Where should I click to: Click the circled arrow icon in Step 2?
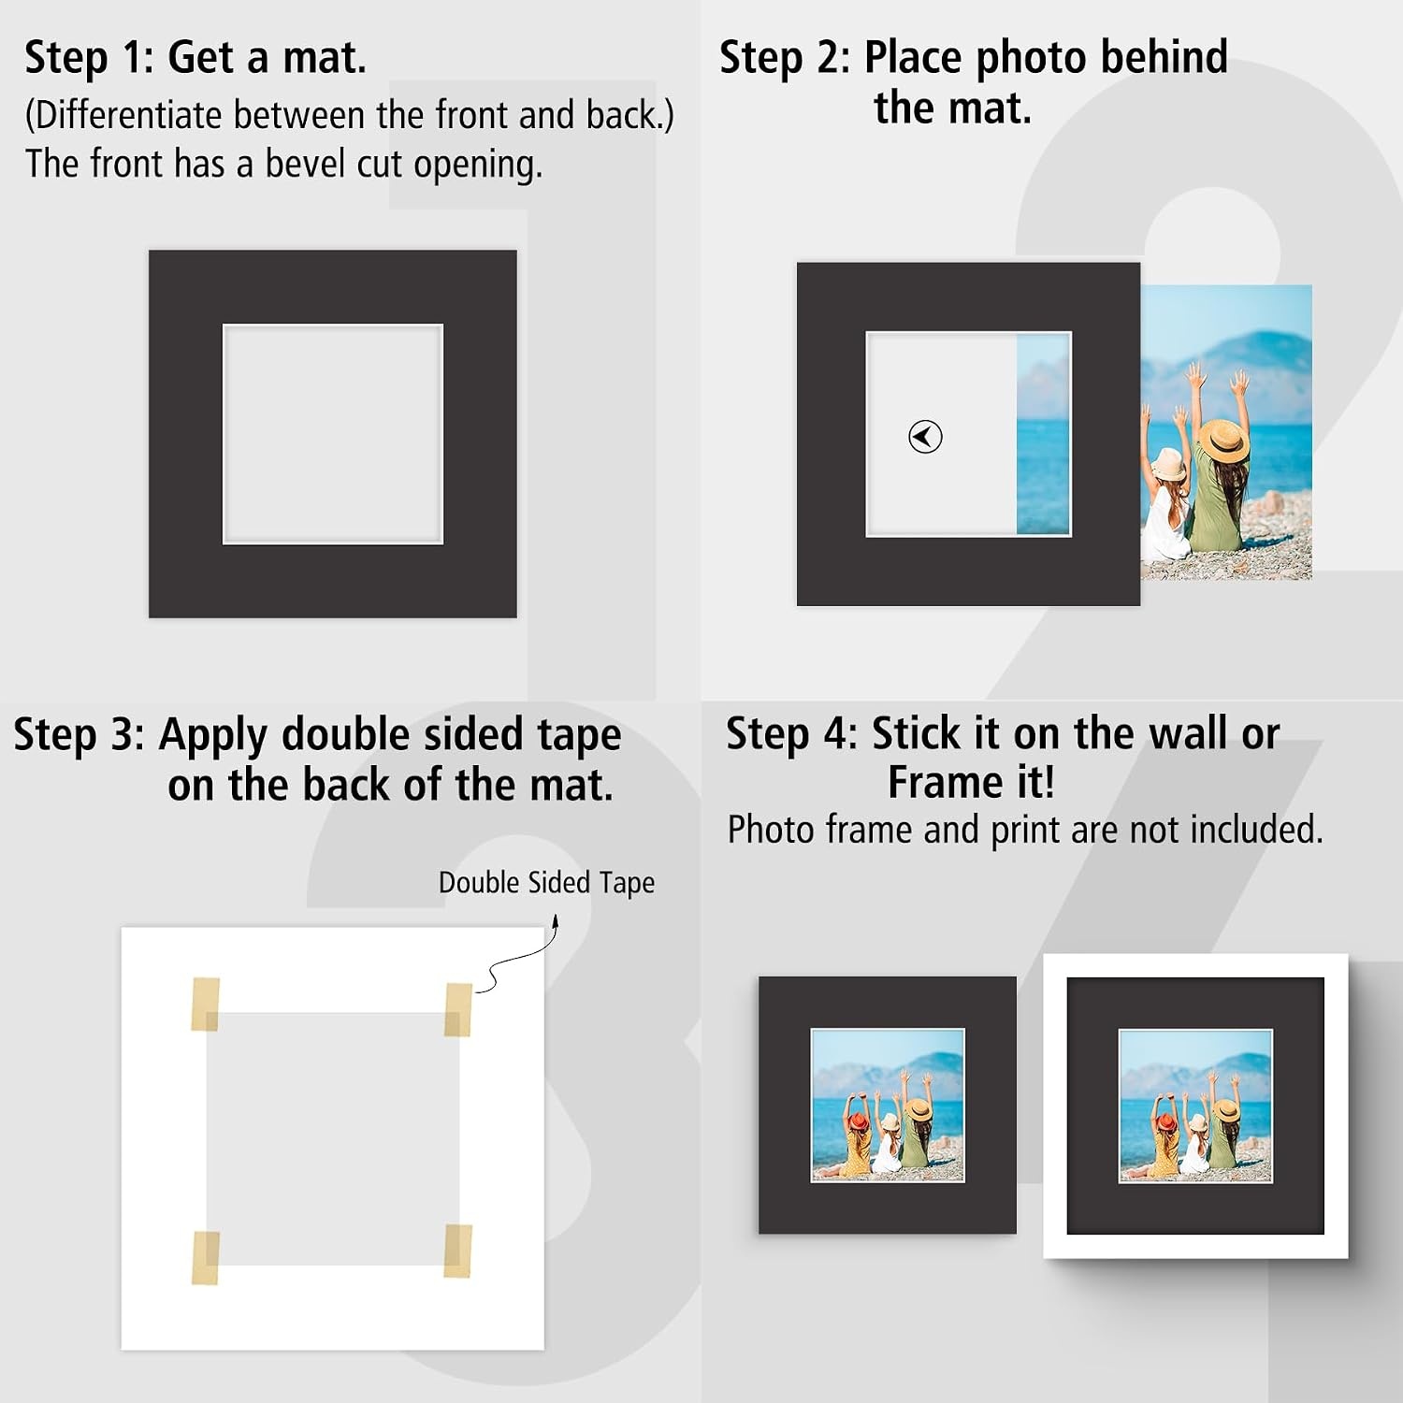925,437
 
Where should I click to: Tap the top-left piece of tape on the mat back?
206,1004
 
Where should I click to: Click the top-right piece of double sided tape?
458,1009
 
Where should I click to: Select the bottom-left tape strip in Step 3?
206,1258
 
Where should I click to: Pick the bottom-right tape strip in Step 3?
457,1251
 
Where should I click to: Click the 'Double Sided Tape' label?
546,882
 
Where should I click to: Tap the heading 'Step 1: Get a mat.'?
195,57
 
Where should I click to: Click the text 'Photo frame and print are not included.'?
1025,830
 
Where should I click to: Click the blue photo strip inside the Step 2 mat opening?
1043,434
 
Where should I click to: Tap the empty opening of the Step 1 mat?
333,434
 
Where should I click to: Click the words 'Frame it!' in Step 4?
972,783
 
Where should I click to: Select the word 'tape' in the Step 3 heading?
580,737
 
